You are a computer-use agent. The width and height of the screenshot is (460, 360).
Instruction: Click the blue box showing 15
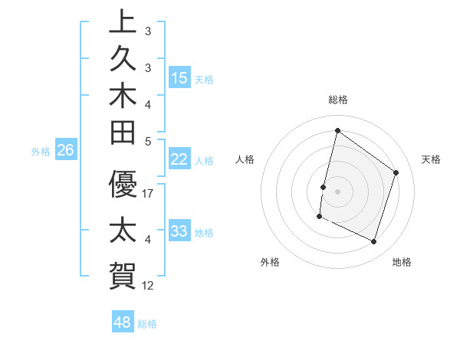[x=179, y=77]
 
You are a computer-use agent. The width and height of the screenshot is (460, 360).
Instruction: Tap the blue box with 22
[x=179, y=159]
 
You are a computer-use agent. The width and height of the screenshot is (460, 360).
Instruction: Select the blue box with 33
[x=179, y=231]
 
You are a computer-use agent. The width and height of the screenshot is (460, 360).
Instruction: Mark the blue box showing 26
[x=65, y=150]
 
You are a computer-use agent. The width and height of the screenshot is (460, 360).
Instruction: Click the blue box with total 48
[x=123, y=322]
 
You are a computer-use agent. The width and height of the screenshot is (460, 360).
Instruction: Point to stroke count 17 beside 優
[x=149, y=194]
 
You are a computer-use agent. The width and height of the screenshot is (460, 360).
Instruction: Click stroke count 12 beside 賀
[x=149, y=286]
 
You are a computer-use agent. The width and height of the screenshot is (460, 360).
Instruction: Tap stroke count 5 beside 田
[x=149, y=141]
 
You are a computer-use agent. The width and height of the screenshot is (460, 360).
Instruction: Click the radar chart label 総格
[x=338, y=100]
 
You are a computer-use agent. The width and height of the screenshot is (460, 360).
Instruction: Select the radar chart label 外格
[x=270, y=262]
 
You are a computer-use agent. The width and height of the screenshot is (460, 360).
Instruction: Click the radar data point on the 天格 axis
[x=396, y=172]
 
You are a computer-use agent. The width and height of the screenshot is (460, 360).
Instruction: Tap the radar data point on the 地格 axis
[x=374, y=242]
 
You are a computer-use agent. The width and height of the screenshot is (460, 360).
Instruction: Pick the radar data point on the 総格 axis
[x=337, y=130]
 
